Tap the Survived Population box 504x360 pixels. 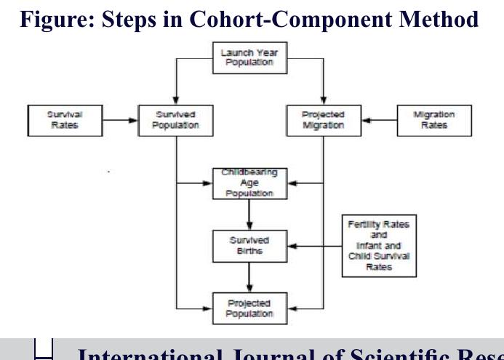click(176, 119)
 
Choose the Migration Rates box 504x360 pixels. click(434, 119)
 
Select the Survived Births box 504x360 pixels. click(249, 246)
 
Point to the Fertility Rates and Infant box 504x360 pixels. click(378, 246)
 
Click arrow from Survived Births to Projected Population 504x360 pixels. click(249, 277)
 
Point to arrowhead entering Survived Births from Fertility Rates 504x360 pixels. click(291, 246)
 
